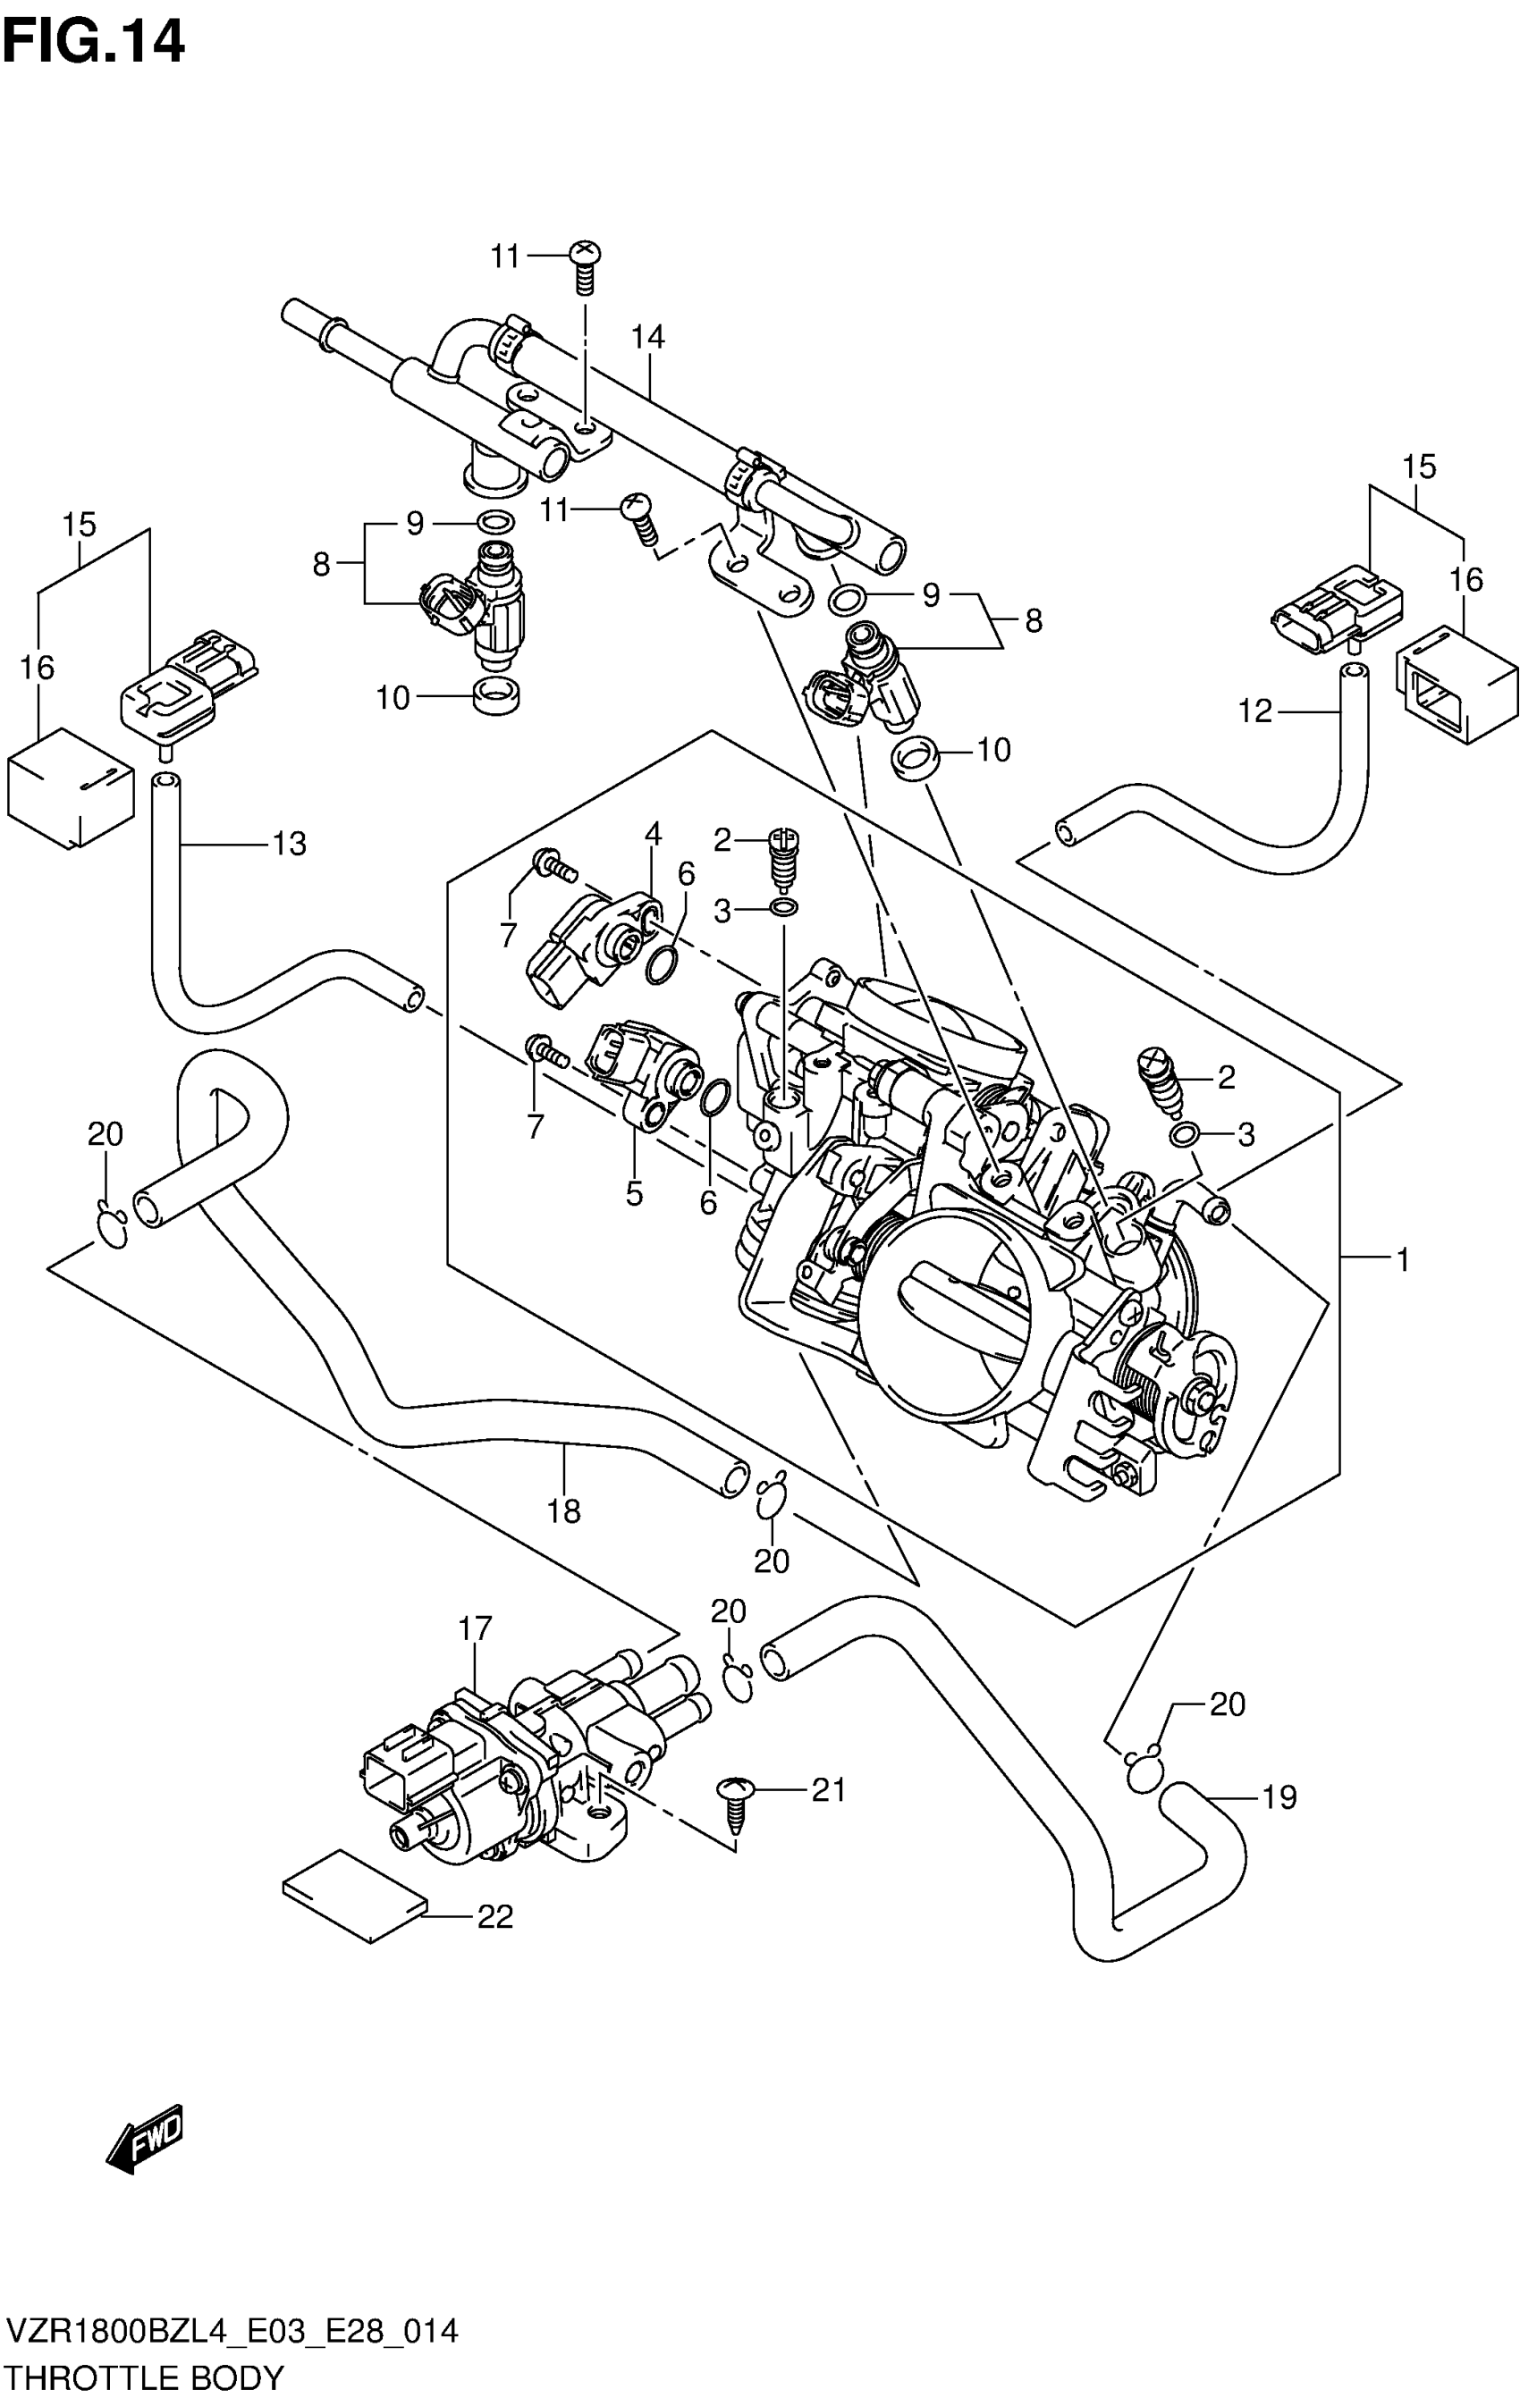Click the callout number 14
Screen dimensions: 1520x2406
click(647, 338)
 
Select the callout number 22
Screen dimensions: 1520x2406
click(494, 1916)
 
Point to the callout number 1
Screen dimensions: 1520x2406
click(1402, 1260)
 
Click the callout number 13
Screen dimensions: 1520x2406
click(290, 845)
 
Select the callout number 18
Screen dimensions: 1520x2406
click(563, 1510)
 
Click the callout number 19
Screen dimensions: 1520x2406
click(1279, 1797)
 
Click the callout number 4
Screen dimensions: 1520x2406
click(654, 832)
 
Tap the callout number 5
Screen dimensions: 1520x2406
click(635, 1193)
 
